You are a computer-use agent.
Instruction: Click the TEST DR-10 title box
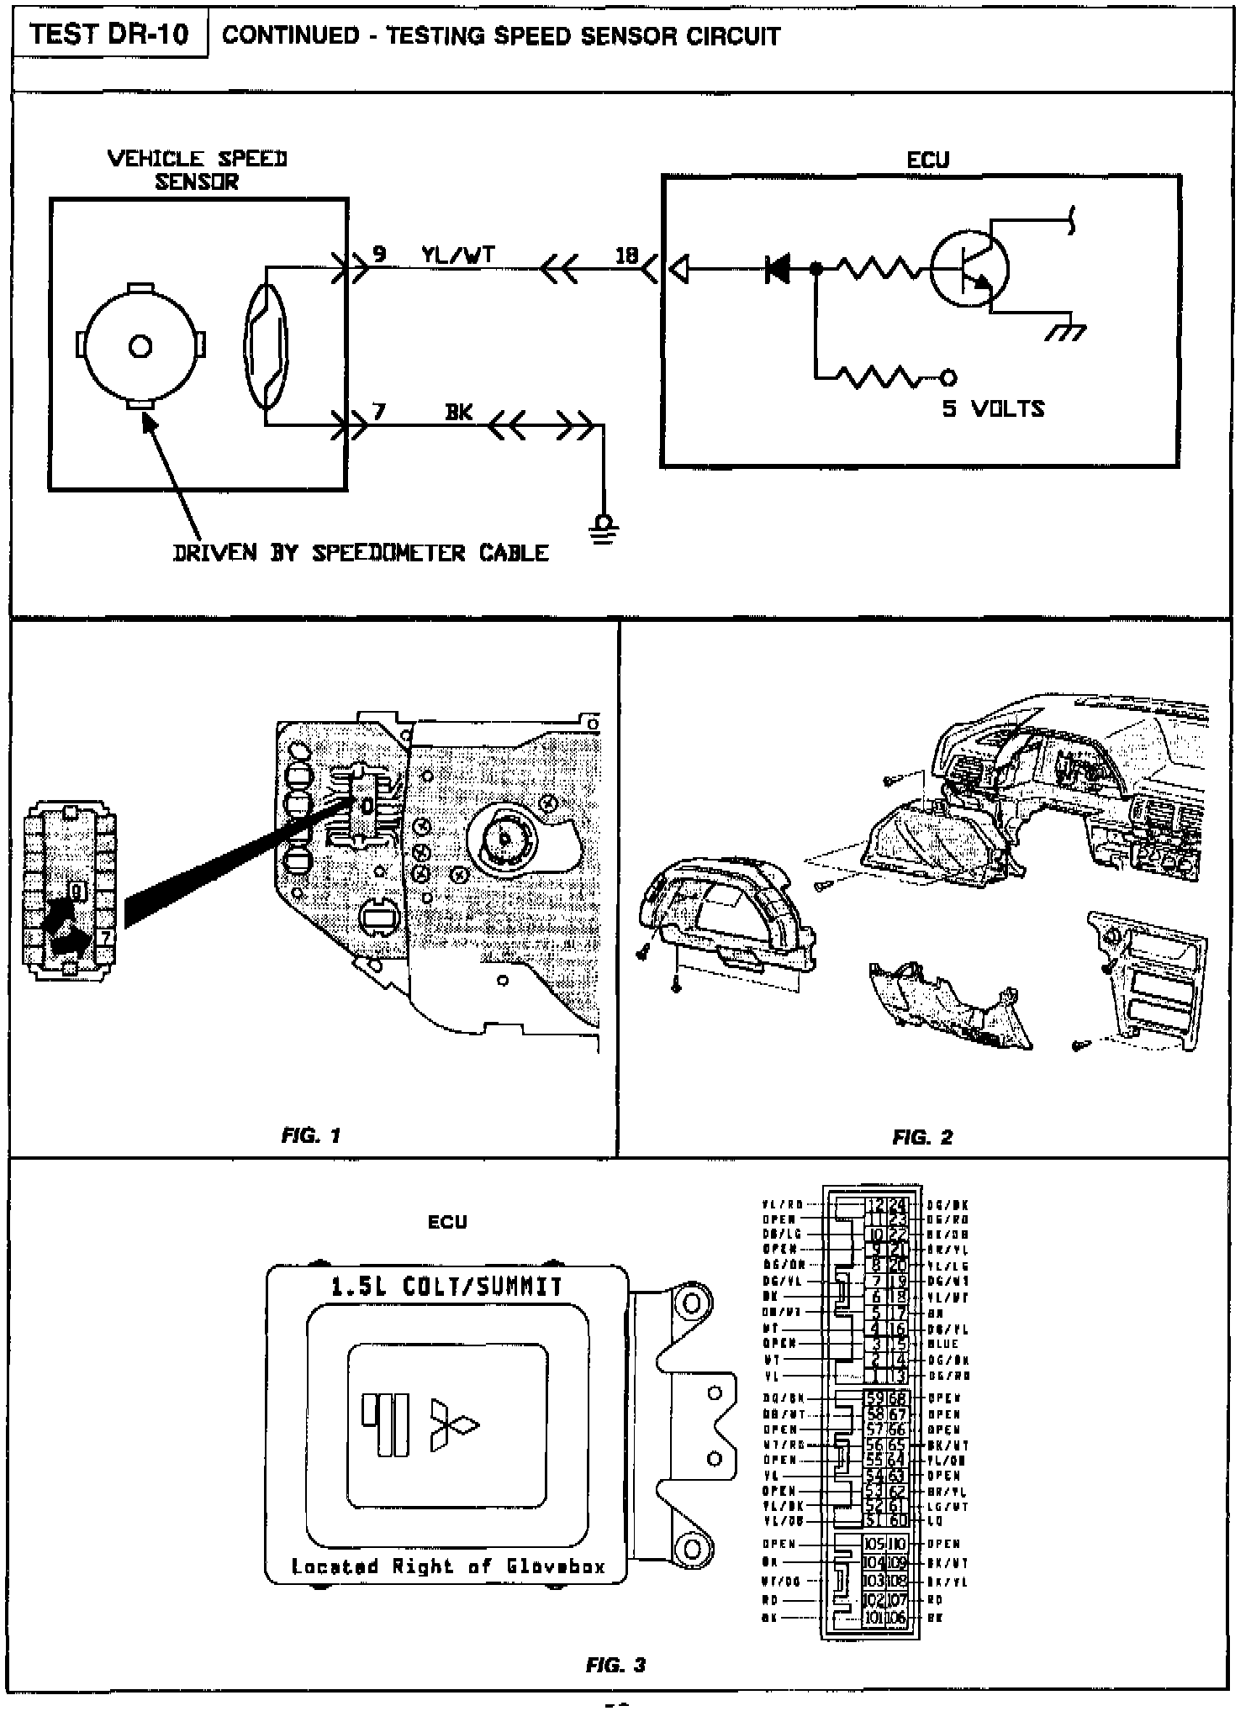click(109, 34)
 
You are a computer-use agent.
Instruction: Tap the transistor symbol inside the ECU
click(969, 269)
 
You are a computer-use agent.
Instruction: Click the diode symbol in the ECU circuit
click(778, 269)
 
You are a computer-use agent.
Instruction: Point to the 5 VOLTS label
click(993, 409)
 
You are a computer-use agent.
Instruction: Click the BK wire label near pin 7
click(458, 412)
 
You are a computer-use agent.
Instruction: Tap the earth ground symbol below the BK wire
click(603, 529)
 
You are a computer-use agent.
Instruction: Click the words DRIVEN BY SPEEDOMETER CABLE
click(361, 553)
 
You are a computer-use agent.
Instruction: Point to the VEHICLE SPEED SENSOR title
click(198, 170)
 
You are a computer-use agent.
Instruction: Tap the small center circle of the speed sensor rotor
click(140, 346)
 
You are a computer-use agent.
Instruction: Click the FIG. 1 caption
click(310, 1136)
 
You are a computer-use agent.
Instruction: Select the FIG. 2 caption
click(922, 1137)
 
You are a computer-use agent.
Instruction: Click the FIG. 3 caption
click(615, 1665)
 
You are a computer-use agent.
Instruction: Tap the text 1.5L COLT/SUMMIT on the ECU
click(446, 1287)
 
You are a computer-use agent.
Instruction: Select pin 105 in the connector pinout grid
click(874, 1544)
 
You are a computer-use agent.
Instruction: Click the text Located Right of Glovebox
click(447, 1566)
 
